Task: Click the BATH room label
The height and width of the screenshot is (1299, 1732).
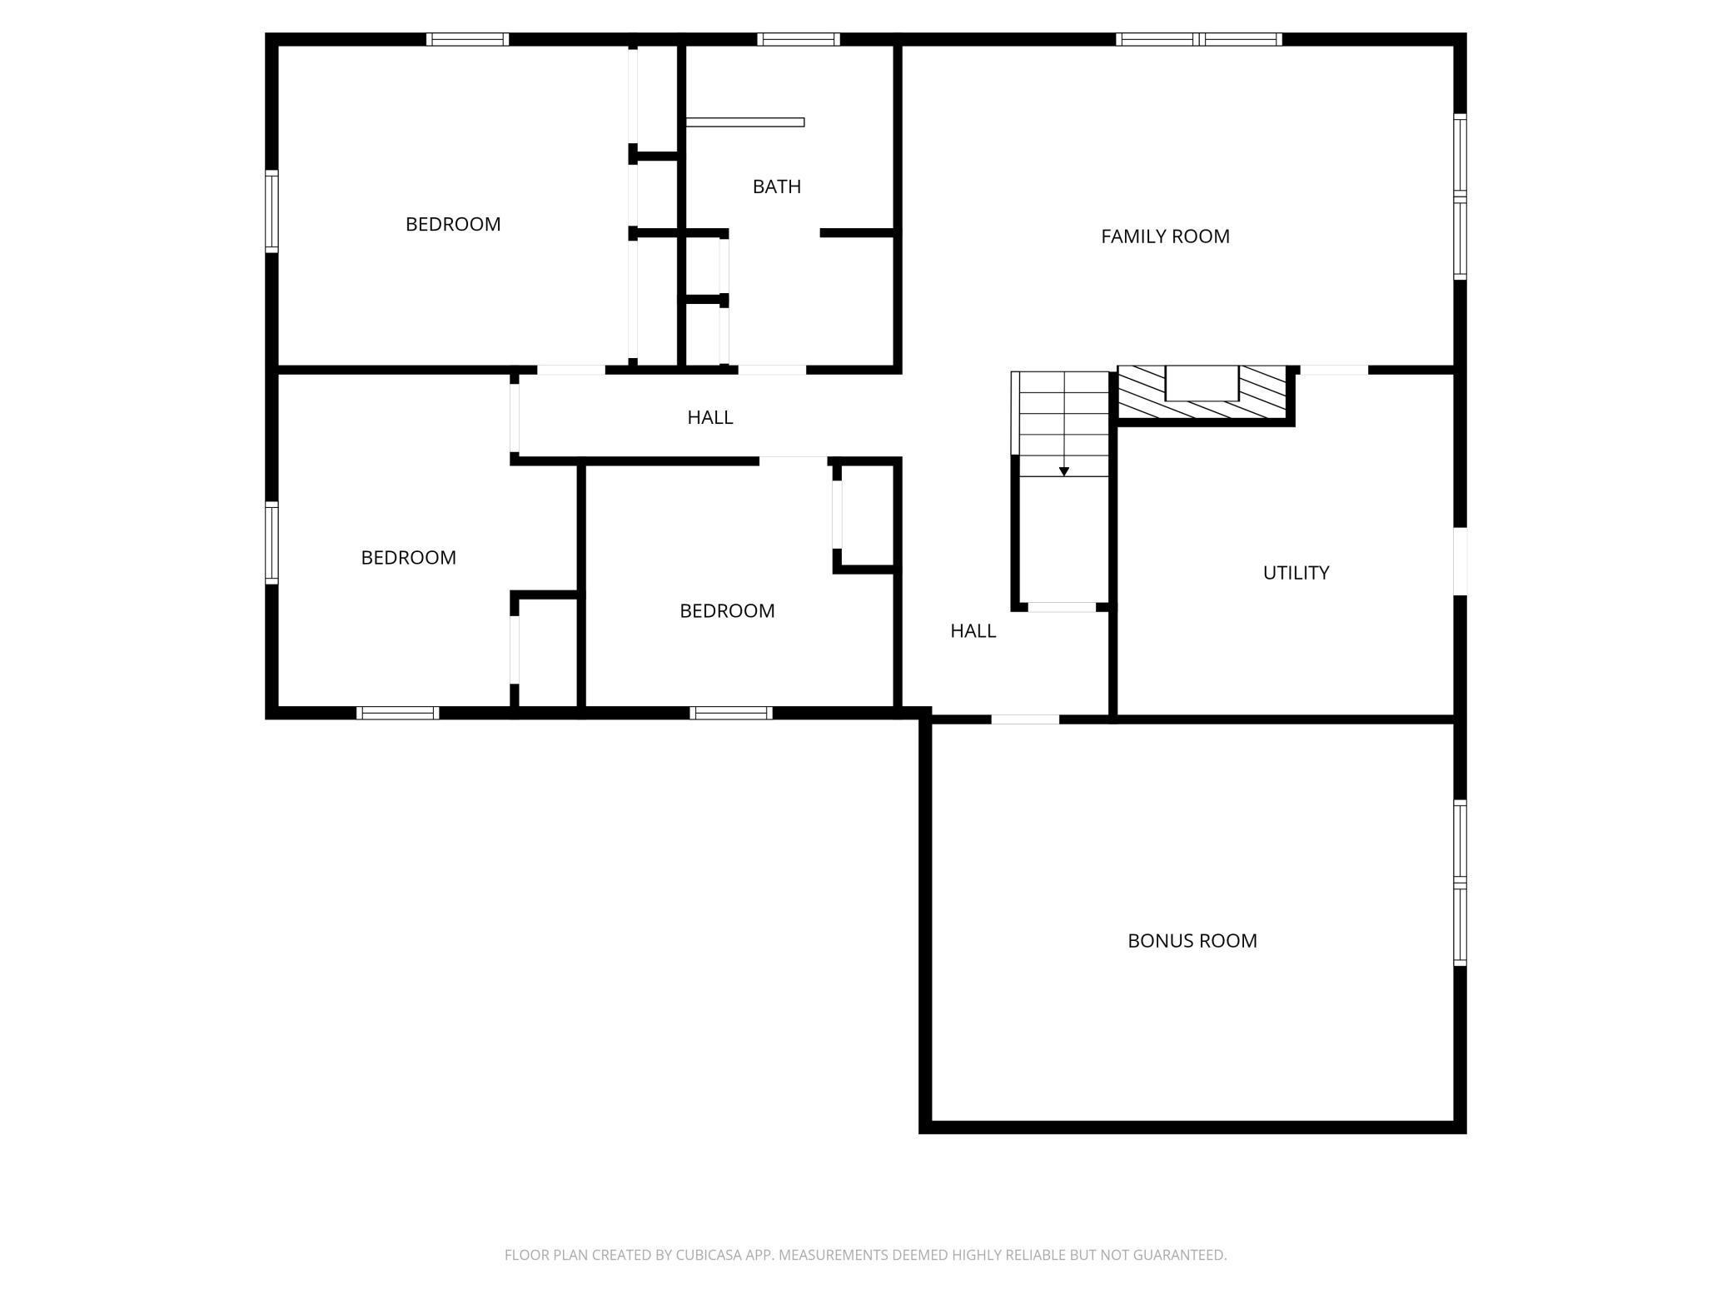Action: tap(776, 187)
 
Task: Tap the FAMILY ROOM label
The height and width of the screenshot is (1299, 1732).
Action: tap(1164, 236)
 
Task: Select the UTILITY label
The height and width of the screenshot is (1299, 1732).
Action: tap(1295, 573)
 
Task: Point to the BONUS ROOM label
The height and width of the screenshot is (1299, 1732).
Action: tap(1192, 941)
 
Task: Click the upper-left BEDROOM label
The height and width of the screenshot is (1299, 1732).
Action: tap(452, 224)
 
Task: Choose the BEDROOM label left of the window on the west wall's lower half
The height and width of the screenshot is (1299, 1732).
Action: tap(408, 558)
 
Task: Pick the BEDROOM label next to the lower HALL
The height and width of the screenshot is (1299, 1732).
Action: tap(726, 611)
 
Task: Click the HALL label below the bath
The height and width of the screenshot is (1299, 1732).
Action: tap(709, 417)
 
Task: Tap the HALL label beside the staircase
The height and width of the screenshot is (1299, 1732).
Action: tap(973, 631)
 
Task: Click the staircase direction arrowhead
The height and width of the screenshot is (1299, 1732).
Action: tap(1063, 472)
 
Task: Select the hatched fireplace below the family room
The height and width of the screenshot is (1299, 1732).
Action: tap(1202, 393)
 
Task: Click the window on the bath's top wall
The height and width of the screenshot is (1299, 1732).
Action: tap(798, 39)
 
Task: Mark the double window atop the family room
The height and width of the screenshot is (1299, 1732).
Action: tap(1198, 39)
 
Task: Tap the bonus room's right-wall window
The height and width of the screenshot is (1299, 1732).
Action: tap(1460, 882)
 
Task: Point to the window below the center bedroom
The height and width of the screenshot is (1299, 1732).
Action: tap(730, 713)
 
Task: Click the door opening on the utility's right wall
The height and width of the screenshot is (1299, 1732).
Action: tap(1460, 561)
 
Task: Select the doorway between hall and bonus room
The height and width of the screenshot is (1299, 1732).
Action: tap(1024, 719)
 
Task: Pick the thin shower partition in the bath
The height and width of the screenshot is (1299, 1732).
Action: tap(744, 122)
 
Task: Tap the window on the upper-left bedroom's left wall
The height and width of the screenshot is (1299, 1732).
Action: tap(271, 211)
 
